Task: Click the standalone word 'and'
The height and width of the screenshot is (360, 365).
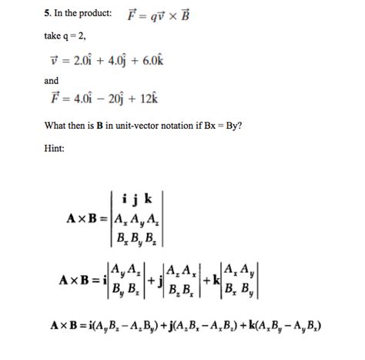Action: (x=52, y=80)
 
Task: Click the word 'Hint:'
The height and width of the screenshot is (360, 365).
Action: (x=54, y=148)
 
